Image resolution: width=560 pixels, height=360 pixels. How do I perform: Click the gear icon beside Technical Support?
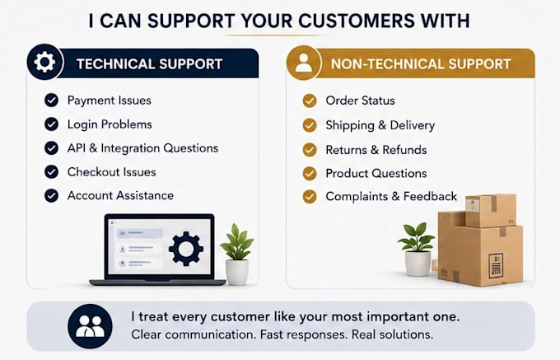(44, 62)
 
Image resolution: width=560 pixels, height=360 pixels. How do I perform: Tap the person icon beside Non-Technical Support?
(304, 63)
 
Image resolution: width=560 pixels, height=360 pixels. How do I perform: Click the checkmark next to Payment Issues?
(51, 100)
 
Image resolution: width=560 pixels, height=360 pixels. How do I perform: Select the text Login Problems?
(110, 124)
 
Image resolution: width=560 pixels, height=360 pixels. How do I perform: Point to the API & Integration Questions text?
(142, 147)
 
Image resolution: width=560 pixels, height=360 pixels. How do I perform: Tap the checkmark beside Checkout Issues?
(51, 172)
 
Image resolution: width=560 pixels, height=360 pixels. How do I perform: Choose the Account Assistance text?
(120, 195)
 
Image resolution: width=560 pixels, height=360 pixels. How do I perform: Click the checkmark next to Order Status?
(310, 101)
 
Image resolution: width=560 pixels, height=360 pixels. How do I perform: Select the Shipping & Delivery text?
(380, 125)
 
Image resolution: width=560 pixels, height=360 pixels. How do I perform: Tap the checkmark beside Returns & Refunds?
(310, 150)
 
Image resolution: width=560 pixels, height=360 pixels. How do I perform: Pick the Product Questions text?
(376, 173)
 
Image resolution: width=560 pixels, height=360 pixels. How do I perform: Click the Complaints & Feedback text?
(391, 196)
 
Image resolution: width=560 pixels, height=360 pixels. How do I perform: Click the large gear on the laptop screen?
(186, 249)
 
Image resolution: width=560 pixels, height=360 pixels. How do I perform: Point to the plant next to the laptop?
(237, 254)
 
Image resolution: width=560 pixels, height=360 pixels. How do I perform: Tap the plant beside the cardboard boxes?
(417, 249)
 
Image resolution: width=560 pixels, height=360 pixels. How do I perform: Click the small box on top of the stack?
(490, 210)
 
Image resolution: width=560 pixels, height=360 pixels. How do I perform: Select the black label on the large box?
(496, 264)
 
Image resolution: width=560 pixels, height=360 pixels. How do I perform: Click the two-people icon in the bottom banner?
(90, 326)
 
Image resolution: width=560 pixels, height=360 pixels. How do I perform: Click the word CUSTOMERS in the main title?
(357, 21)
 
